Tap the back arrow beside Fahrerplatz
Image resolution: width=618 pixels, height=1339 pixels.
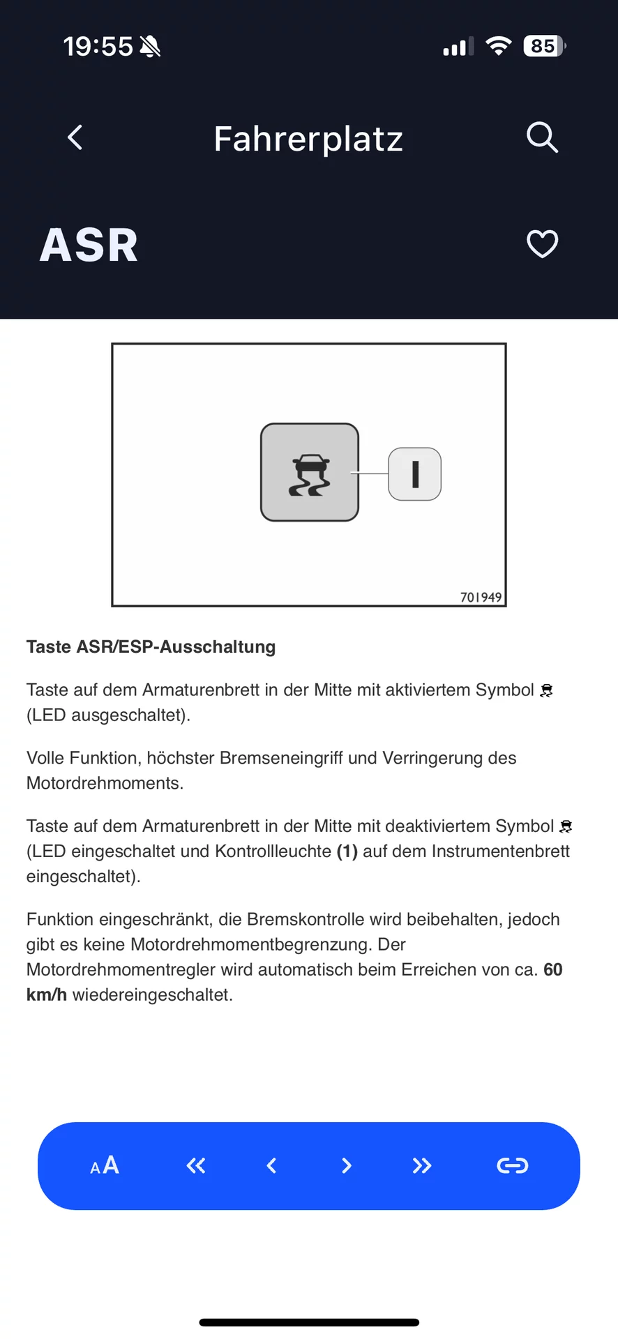point(75,137)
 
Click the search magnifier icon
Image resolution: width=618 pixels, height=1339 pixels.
point(542,137)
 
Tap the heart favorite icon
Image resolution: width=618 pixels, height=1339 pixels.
point(542,244)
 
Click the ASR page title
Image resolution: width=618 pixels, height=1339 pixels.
point(89,245)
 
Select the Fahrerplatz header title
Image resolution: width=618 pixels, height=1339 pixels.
point(308,139)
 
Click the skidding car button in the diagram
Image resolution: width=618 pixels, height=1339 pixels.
point(310,473)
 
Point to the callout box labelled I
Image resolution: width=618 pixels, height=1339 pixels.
point(415,474)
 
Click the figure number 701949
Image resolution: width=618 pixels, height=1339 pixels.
point(481,597)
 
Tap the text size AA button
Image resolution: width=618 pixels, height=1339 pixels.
point(105,1165)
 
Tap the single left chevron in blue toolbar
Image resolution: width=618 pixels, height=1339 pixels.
point(272,1165)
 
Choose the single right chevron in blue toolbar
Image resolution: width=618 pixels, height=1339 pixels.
point(347,1165)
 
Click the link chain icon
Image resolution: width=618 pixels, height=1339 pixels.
point(513,1165)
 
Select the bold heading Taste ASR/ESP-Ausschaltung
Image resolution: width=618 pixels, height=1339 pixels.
point(151,646)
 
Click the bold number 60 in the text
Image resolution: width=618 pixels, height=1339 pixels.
point(553,969)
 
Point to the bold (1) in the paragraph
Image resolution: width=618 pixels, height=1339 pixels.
point(347,851)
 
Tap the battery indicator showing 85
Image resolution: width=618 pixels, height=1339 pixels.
point(544,46)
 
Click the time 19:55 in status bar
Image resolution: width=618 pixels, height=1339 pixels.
point(98,47)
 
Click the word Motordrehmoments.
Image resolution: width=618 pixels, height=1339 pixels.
point(105,783)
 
